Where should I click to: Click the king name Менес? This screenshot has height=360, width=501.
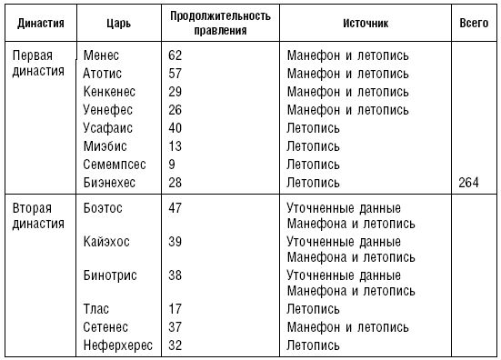100,55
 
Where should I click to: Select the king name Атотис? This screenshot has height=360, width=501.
101,73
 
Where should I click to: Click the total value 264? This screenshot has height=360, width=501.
471,183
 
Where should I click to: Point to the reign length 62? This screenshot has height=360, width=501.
176,55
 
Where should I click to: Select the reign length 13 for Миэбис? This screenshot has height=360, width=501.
176,146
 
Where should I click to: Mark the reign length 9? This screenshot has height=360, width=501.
173,165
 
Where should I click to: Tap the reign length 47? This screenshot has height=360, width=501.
176,208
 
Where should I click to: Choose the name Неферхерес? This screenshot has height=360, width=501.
116,345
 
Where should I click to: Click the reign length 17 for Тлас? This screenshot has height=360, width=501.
176,309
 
